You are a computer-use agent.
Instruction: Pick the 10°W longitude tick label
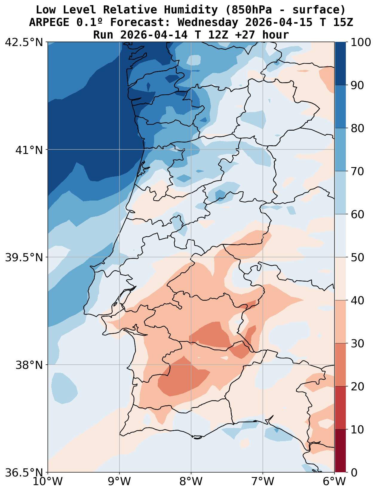coord(48,482)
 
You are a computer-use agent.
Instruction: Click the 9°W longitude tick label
coord(119,482)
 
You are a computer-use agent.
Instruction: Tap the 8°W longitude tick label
coord(191,482)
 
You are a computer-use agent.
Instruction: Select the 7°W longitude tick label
coord(263,482)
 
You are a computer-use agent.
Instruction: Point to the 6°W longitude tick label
coord(334,482)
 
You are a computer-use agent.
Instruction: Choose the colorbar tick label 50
coord(357,257)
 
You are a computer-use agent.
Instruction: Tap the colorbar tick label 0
coord(354,473)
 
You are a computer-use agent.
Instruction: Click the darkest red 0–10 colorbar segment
coord(340,451)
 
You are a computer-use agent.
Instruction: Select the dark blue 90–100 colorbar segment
coord(340,63)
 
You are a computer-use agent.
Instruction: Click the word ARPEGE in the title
coord(50,22)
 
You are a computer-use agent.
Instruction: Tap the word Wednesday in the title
coord(208,22)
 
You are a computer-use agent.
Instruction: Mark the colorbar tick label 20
coord(357,386)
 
